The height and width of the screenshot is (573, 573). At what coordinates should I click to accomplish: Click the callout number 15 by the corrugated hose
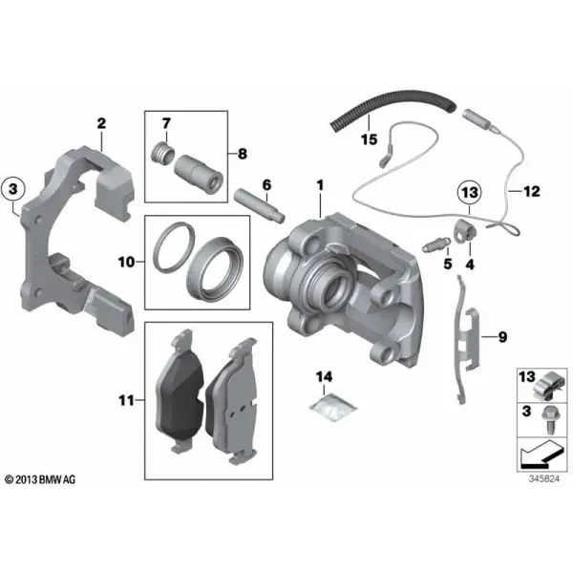(x=369, y=139)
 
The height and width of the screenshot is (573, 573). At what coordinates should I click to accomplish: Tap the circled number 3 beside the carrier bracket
(x=13, y=189)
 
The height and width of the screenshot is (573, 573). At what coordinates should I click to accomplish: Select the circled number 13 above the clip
(x=470, y=192)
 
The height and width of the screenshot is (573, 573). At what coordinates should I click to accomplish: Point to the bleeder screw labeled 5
(x=436, y=244)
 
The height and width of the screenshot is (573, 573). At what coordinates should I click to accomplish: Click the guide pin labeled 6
(x=259, y=204)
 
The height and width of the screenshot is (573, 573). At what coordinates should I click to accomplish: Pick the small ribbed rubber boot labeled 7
(x=163, y=155)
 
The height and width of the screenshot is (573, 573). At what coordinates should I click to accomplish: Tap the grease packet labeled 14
(x=332, y=407)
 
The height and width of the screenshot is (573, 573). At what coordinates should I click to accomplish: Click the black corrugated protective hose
(x=393, y=106)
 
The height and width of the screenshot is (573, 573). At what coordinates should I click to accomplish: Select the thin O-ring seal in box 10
(x=173, y=247)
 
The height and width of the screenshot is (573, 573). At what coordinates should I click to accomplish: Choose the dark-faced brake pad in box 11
(x=180, y=389)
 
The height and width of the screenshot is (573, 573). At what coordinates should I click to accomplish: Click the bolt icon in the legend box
(x=550, y=420)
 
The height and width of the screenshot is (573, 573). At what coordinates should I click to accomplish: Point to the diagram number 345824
(x=543, y=478)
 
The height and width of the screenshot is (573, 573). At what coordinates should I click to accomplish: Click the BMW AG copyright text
(x=40, y=479)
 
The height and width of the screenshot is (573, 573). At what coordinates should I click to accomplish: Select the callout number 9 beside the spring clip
(x=503, y=336)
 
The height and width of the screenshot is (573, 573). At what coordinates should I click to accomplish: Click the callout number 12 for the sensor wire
(x=532, y=191)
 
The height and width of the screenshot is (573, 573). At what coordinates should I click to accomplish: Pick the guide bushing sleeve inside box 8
(x=199, y=175)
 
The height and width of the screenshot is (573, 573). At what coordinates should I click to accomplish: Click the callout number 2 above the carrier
(x=101, y=123)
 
